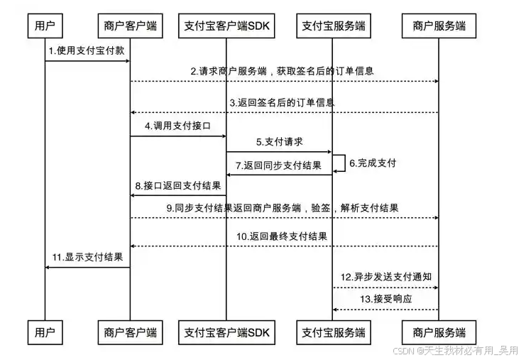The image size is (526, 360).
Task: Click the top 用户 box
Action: [x=45, y=26]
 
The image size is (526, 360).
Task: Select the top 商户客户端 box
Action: [x=130, y=26]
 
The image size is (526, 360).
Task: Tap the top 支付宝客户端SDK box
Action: [x=227, y=26]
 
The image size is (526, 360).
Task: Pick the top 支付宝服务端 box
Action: [x=333, y=26]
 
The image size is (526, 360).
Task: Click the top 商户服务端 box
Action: [x=439, y=26]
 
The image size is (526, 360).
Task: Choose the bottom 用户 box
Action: [x=45, y=332]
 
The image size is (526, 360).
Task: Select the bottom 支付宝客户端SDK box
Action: [x=227, y=332]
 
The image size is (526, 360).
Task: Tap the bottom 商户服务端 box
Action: [x=439, y=332]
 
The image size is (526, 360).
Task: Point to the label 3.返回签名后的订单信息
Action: [x=282, y=103]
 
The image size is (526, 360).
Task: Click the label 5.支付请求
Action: [x=279, y=143]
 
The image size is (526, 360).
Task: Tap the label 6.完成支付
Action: [x=372, y=163]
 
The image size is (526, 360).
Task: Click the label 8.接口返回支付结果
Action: [x=177, y=186]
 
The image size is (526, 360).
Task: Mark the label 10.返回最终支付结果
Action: [x=282, y=236]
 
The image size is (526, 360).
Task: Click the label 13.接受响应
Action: [x=385, y=300]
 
